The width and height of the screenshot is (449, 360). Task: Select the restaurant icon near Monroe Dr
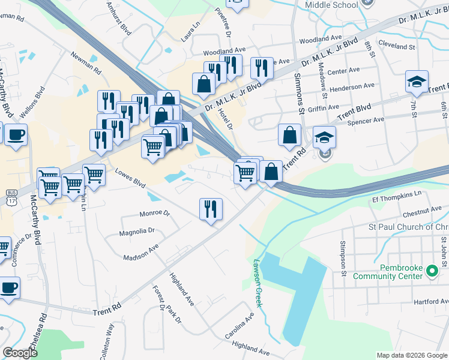pos(211,209)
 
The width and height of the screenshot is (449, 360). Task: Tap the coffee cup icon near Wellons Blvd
pos(16,134)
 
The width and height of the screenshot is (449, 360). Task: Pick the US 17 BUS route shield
pos(11,199)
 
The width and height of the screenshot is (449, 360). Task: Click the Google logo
pos(20,353)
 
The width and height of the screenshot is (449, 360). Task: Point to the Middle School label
pos(331,5)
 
